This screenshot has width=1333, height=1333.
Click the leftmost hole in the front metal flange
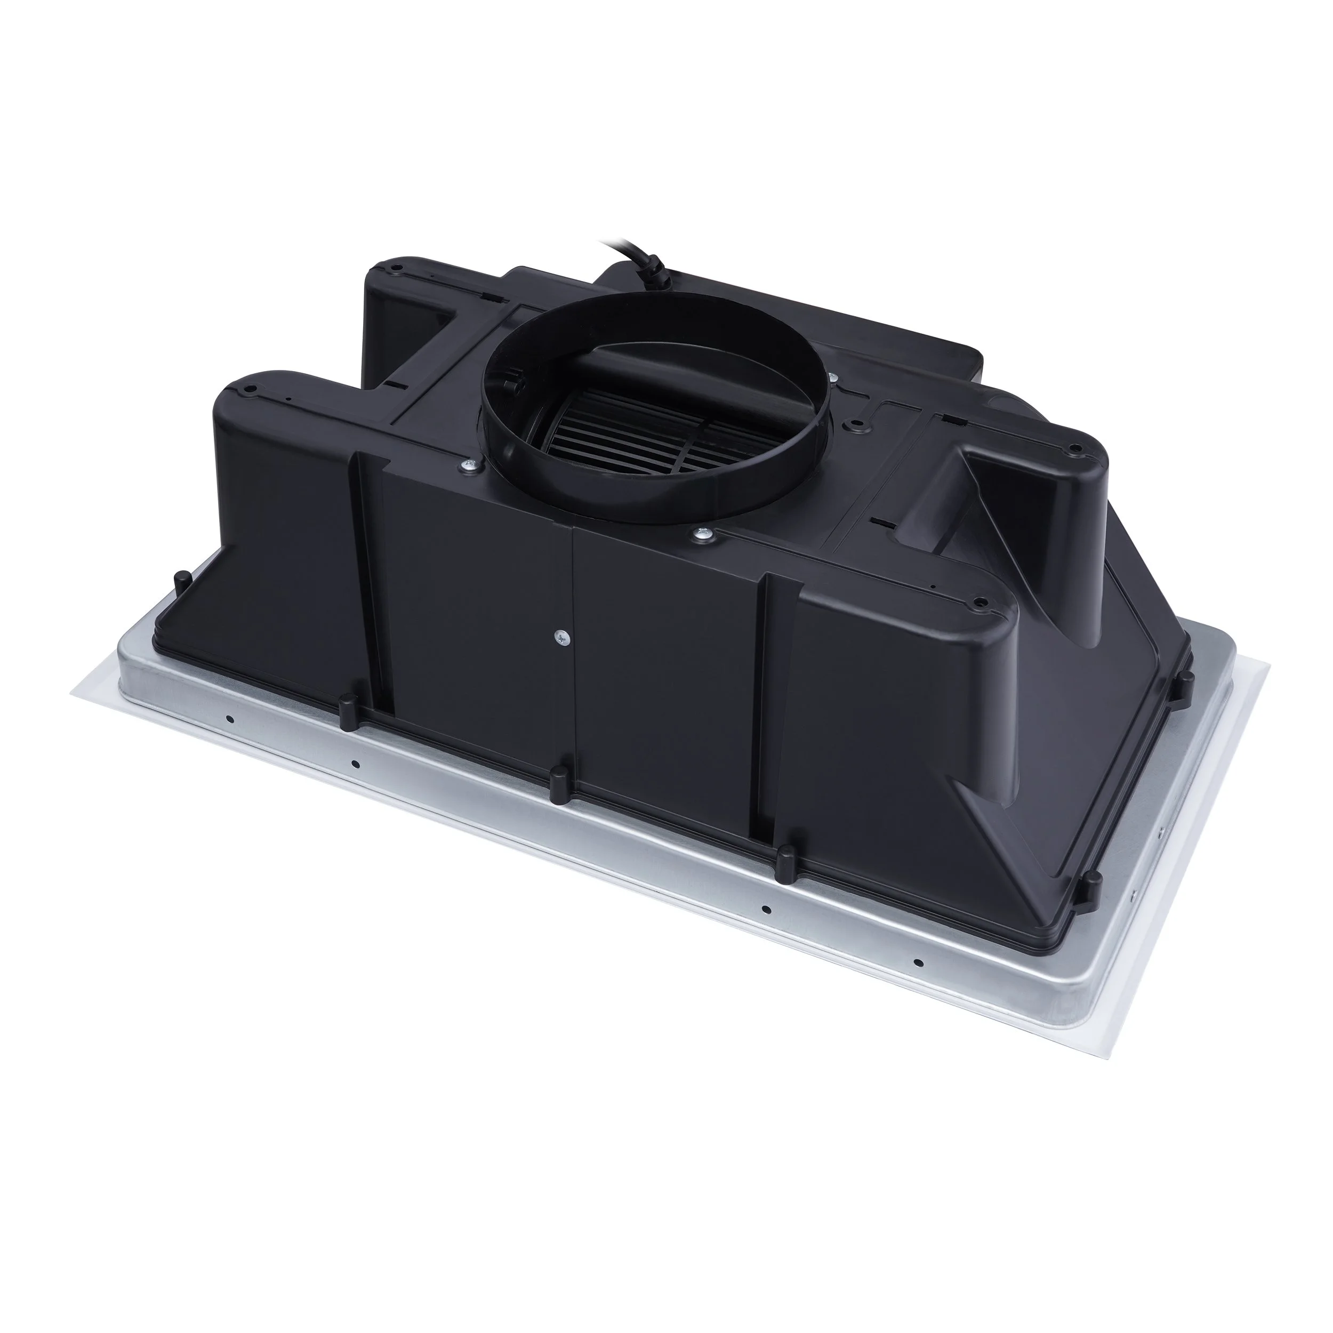point(230,719)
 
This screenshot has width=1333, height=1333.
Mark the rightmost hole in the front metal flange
point(918,962)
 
